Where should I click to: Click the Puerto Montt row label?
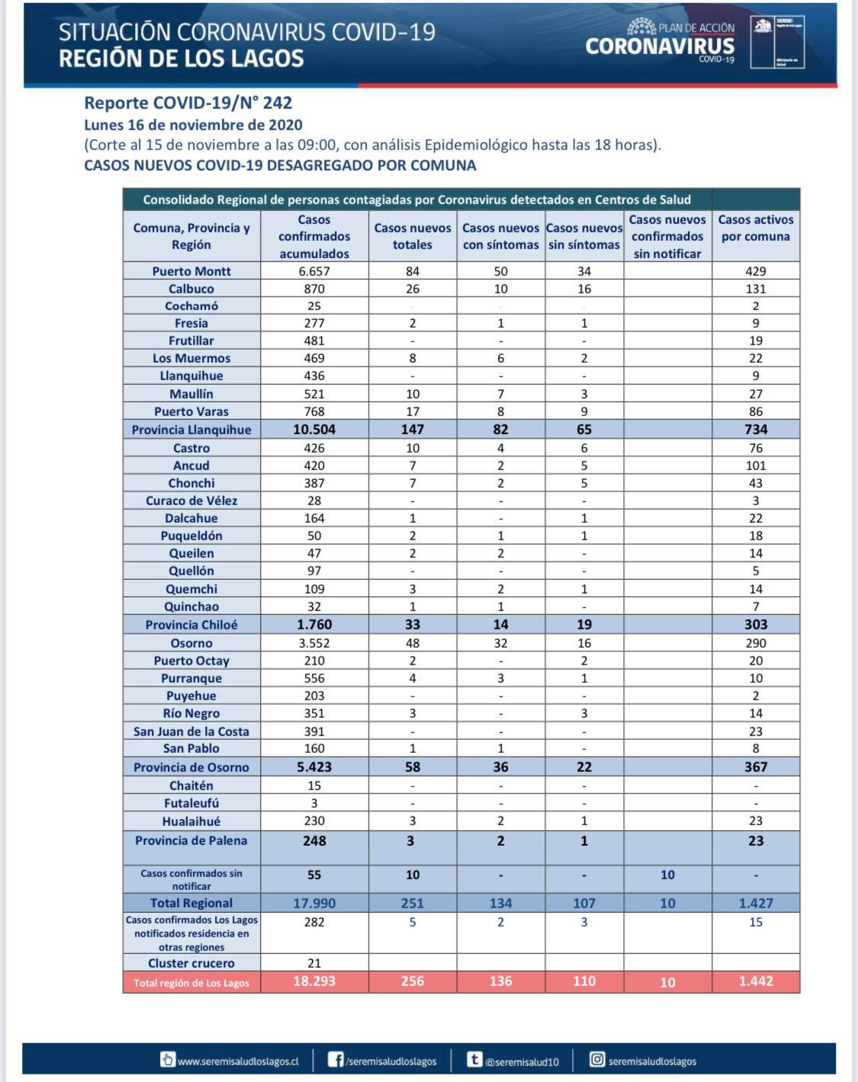(191, 271)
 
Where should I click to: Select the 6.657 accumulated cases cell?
(314, 271)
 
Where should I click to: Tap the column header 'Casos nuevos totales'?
(413, 236)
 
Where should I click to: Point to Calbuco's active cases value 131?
(756, 289)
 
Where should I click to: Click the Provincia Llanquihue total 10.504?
(314, 430)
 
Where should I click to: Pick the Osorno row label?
(191, 643)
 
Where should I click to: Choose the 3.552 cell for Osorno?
(314, 643)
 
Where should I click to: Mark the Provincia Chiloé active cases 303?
(756, 625)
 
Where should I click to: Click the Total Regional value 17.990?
(314, 903)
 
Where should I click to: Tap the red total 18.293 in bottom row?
(314, 981)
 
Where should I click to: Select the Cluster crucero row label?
(191, 963)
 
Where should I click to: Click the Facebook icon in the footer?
(335, 1060)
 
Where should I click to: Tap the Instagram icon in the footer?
(597, 1060)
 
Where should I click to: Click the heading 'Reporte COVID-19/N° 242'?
(188, 103)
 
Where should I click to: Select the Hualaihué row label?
(191, 821)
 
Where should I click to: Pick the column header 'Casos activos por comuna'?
(756, 228)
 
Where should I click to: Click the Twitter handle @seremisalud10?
(522, 1061)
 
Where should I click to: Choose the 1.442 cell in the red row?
(756, 981)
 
